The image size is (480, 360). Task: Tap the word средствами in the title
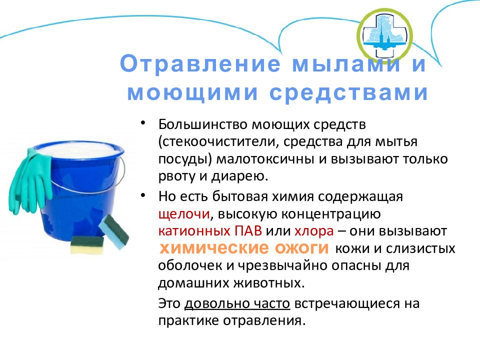click(x=348, y=92)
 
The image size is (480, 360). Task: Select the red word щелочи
click(x=184, y=214)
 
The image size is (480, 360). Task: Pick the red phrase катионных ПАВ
click(x=210, y=231)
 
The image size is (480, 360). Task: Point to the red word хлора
click(x=314, y=231)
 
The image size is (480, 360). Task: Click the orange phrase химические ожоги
click(x=244, y=247)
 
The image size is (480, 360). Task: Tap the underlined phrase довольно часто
click(x=237, y=303)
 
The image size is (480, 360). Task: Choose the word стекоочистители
click(x=220, y=142)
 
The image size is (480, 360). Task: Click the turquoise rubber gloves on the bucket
click(x=30, y=180)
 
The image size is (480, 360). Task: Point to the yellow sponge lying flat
click(x=87, y=245)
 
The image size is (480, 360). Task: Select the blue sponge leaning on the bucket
click(x=113, y=231)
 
